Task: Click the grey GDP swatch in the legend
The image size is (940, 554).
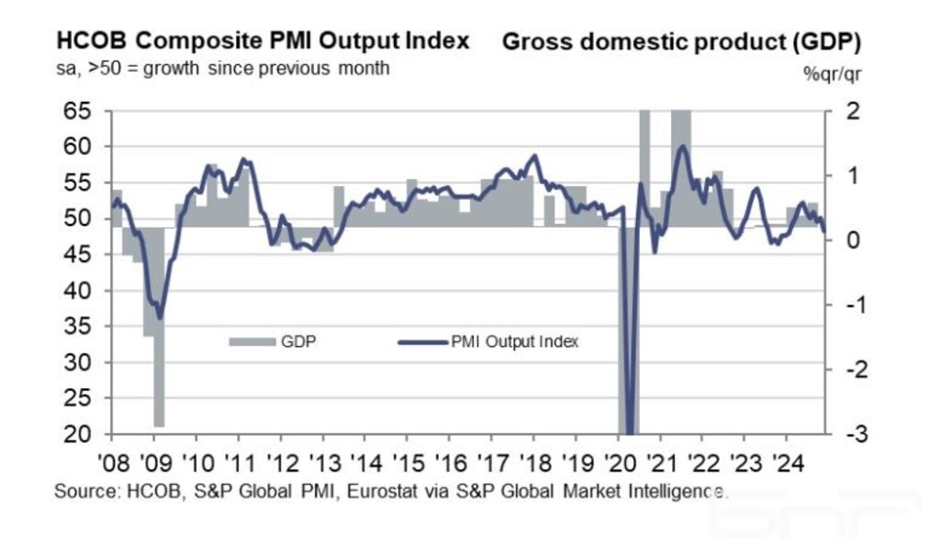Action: coord(252,341)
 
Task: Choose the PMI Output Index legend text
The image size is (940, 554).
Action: coord(515,341)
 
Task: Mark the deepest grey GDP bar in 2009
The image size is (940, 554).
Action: coord(159,404)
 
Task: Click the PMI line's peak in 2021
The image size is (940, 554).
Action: coord(680,146)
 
